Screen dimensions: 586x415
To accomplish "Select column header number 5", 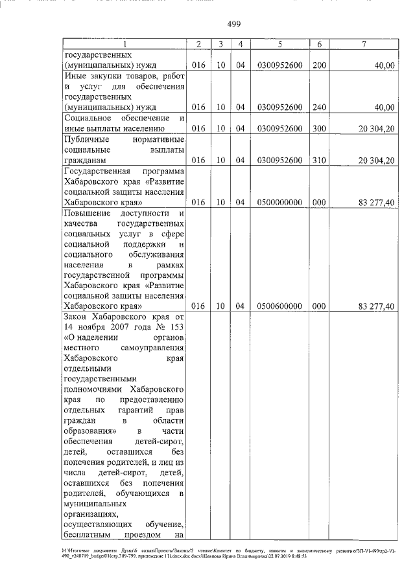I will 279,44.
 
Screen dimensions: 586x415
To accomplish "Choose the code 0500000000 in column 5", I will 279,202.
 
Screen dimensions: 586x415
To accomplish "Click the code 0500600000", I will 279,307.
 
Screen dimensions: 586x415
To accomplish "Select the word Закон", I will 78,317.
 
